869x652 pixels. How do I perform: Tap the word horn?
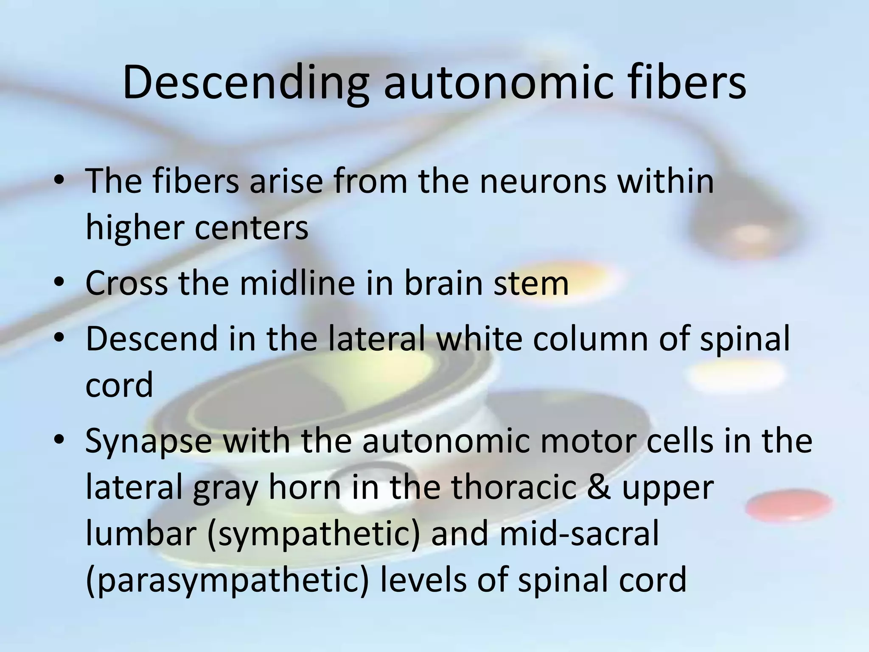305,487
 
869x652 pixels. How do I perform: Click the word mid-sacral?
579,533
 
